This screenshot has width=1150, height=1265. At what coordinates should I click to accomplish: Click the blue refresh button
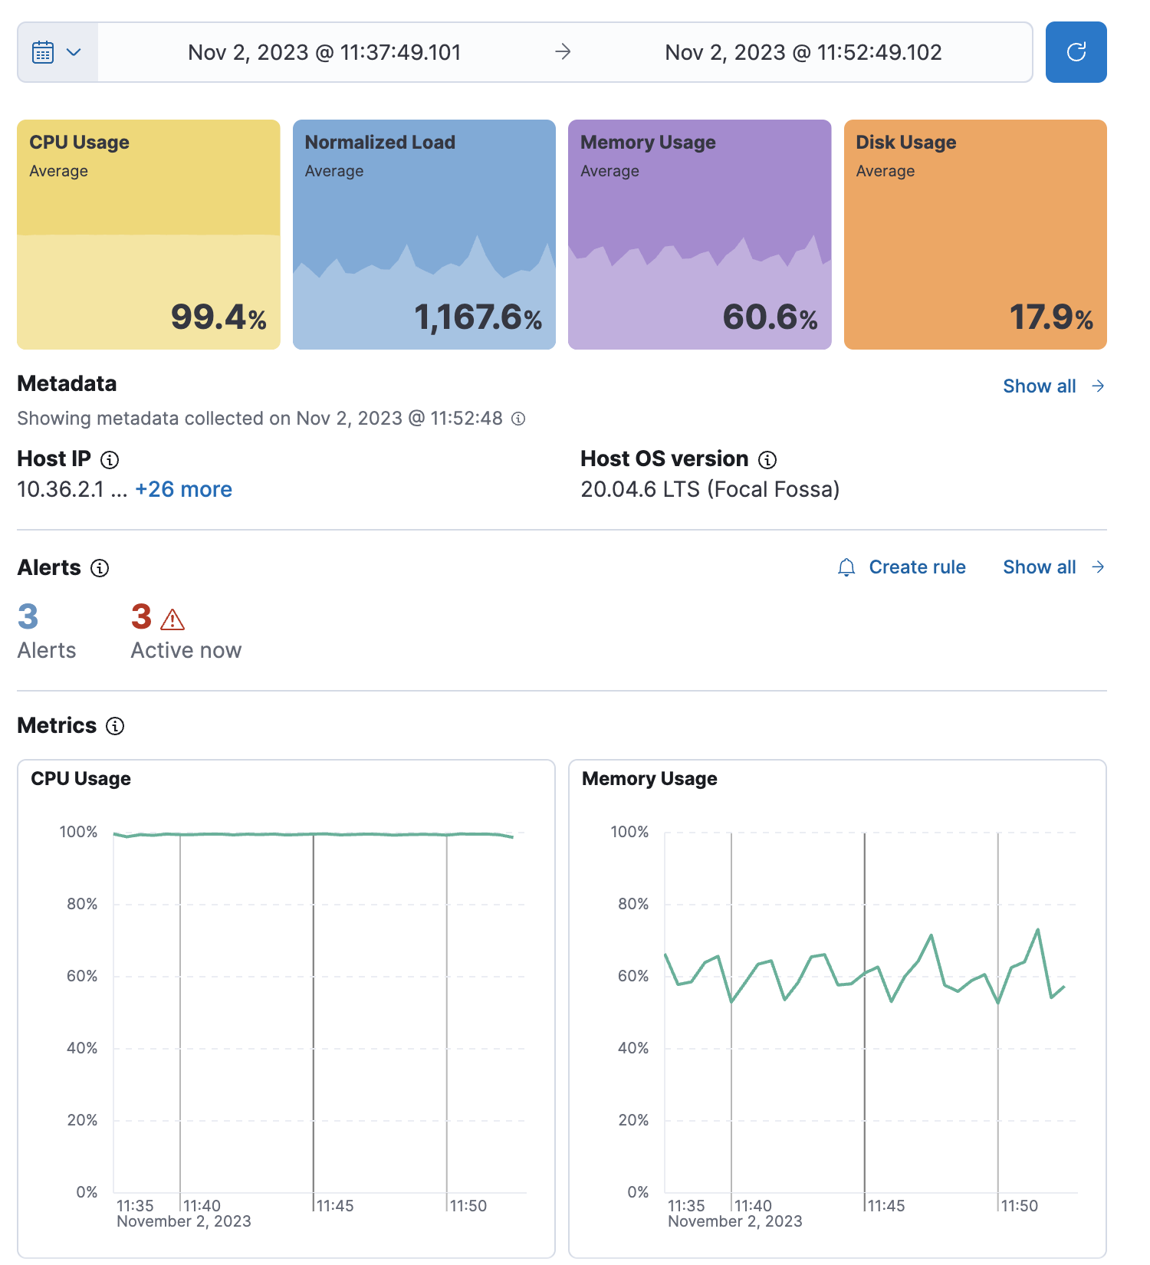coord(1076,52)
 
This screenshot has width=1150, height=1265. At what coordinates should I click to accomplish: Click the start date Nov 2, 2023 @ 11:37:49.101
coord(324,52)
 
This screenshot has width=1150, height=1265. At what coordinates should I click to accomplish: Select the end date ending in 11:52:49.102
coord(803,52)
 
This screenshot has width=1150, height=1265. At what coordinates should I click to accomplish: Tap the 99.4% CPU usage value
coord(219,317)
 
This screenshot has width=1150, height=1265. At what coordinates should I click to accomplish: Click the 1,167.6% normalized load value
coord(478,317)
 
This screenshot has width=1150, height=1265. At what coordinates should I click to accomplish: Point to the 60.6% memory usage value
coord(770,317)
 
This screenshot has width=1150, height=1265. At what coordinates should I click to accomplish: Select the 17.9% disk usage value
coord(1050,317)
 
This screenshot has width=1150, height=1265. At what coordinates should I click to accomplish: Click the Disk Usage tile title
coord(905,143)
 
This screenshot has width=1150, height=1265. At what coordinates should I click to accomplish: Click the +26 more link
coord(183,489)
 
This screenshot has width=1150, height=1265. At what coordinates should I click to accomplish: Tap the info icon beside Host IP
coord(110,460)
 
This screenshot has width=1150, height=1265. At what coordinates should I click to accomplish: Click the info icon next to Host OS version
coord(767,460)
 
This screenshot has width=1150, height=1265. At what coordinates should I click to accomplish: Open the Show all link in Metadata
coord(1053,386)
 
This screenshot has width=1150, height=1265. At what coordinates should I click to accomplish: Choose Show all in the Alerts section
coord(1053,567)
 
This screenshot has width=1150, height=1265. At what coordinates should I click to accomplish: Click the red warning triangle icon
coord(172,619)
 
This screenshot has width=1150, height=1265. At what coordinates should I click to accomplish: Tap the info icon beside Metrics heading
coord(115,726)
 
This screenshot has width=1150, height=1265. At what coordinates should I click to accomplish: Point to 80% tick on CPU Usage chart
coord(82,904)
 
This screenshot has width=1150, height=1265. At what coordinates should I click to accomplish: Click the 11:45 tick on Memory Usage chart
coord(886,1206)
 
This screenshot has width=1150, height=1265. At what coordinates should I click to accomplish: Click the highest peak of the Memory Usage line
coord(1037,930)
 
